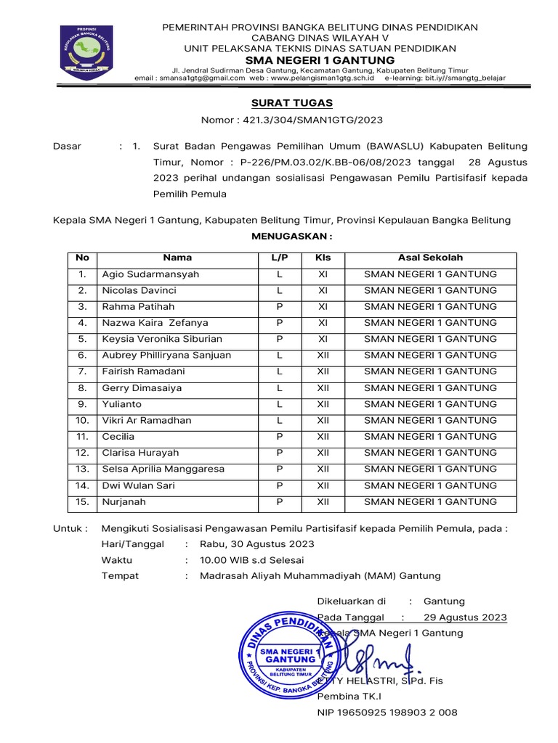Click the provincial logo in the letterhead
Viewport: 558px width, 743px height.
87,52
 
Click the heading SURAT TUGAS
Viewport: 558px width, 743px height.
291,104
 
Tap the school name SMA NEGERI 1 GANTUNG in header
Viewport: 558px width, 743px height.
320,59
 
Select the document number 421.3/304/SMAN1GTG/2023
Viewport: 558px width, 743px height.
312,120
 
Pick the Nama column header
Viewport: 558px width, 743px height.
177,258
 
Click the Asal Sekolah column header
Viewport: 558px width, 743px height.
430,258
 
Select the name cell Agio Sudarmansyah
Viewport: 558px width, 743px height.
150,274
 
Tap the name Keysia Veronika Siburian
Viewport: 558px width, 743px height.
162,339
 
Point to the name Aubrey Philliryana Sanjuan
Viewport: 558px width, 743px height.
166,355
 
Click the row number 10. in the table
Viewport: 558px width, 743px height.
82,420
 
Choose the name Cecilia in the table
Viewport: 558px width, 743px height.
118,437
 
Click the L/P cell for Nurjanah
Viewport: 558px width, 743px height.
279,501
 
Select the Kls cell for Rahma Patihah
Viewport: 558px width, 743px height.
323,306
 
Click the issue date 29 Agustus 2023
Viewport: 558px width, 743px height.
465,617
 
